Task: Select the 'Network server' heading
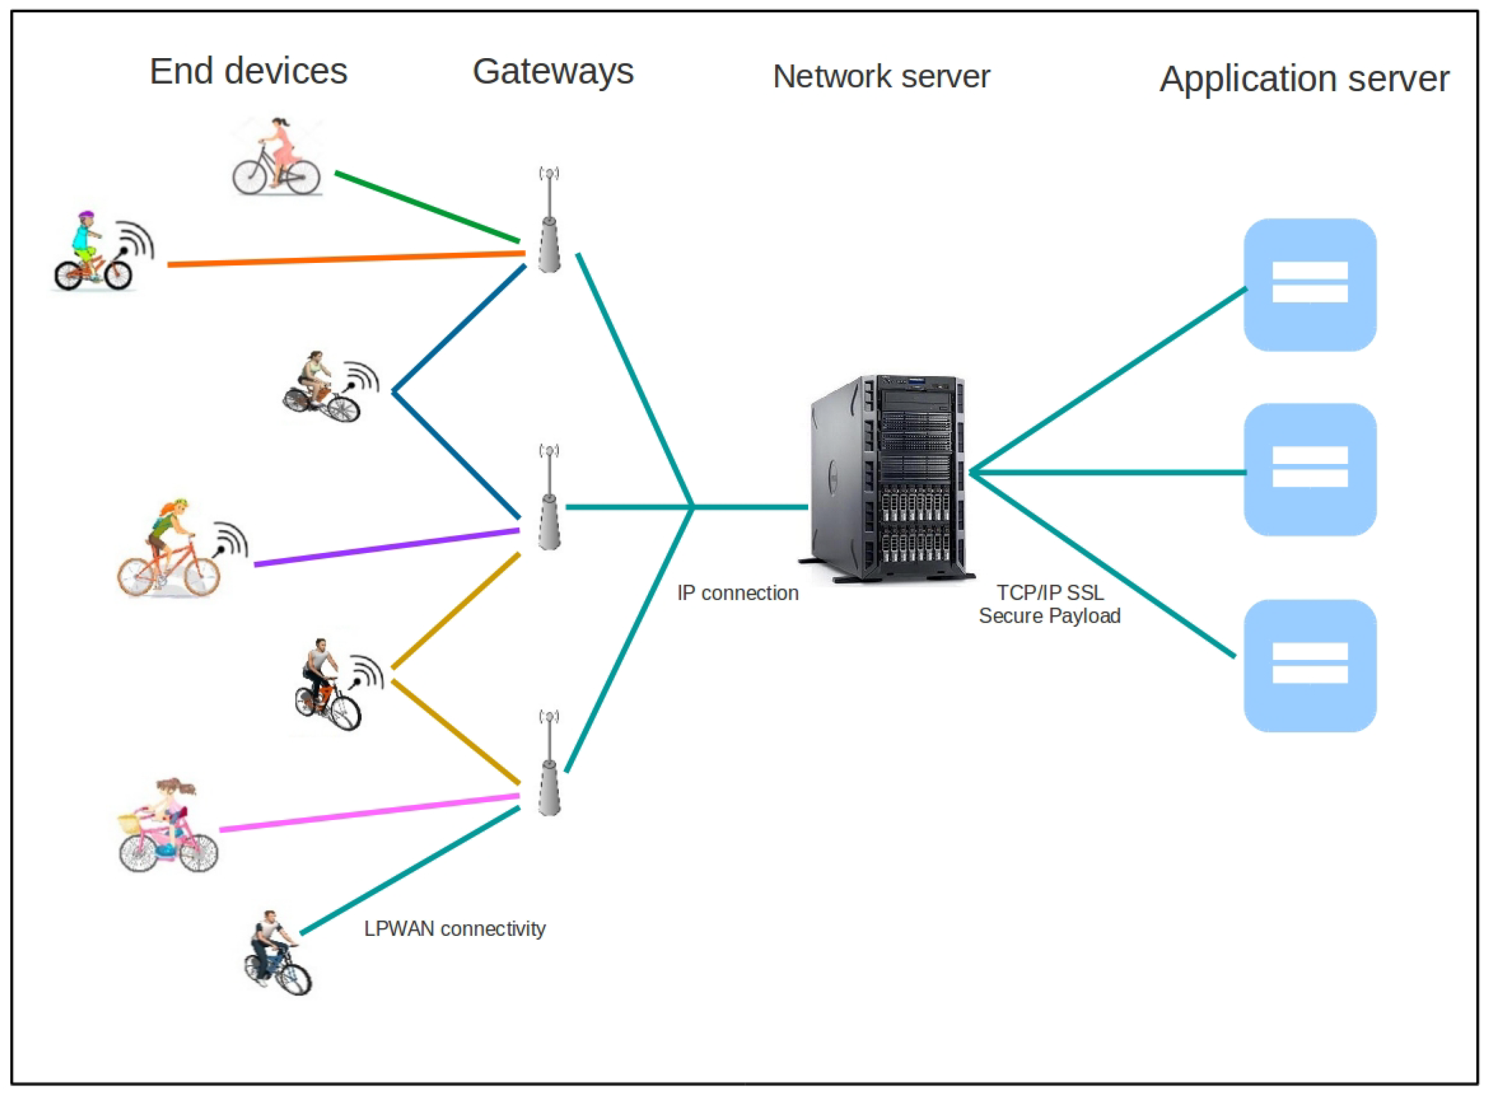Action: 881,76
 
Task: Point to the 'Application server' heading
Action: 1304,80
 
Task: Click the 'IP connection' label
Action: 737,593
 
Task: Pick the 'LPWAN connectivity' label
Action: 455,928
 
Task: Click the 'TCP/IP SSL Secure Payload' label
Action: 1050,604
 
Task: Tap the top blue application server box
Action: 1310,284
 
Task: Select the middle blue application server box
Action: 1310,469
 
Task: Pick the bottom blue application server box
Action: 1310,666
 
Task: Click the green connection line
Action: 427,207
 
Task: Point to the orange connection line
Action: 346,259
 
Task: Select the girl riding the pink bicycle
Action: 168,826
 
